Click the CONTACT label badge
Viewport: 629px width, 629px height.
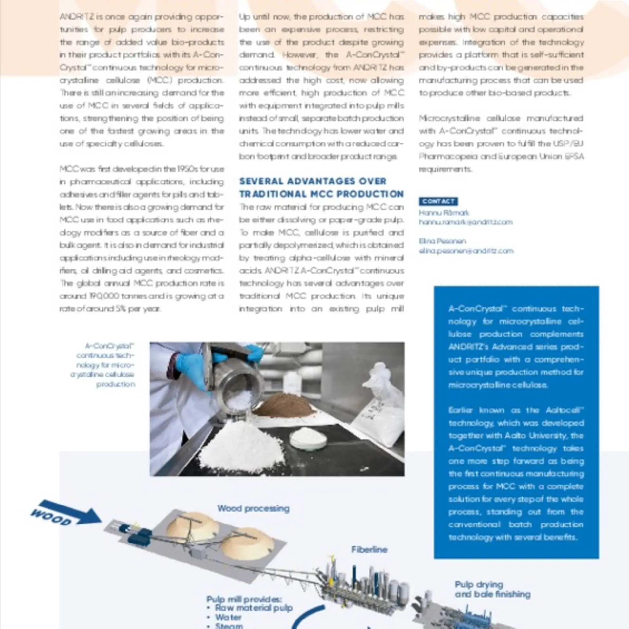(x=438, y=201)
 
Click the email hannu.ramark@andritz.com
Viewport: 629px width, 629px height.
(x=466, y=222)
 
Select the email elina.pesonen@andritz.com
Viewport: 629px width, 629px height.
(x=466, y=251)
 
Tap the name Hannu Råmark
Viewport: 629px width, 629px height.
(x=444, y=213)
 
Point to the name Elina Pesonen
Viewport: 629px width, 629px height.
(x=442, y=241)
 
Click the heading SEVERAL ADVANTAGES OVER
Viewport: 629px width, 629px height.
(x=313, y=181)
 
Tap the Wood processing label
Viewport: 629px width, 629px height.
(x=253, y=508)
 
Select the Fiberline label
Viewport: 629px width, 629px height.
(x=369, y=549)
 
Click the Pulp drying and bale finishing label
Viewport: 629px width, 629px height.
(x=492, y=589)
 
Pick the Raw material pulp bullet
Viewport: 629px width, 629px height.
(x=254, y=608)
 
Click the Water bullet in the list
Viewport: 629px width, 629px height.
(x=228, y=617)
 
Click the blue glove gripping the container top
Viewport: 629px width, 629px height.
(x=254, y=352)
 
